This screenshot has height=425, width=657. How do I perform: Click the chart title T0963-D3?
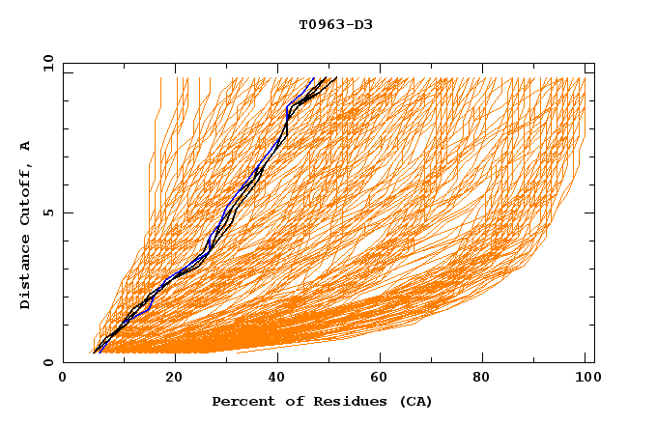click(x=335, y=24)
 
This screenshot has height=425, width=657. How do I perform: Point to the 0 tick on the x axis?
click(x=63, y=379)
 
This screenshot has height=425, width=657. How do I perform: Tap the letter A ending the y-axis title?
click(x=26, y=146)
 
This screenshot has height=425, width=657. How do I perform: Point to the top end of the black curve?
click(x=335, y=78)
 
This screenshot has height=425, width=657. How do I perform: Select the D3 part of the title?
click(x=362, y=24)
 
